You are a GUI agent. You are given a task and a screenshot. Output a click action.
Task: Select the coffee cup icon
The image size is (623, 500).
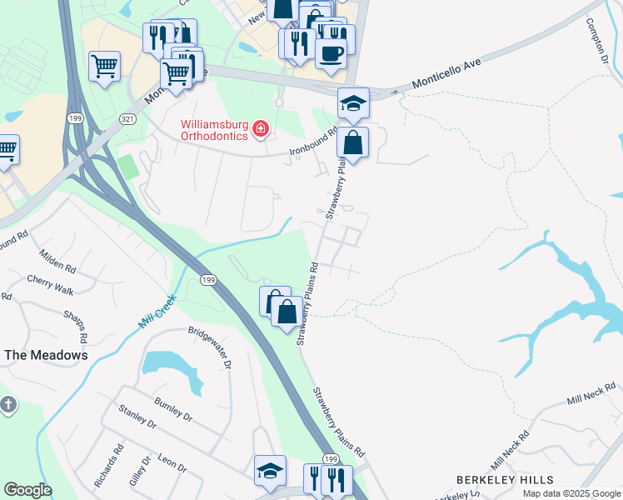tap(331, 53)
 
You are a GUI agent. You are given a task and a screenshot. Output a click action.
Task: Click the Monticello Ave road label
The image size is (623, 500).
tap(448, 75)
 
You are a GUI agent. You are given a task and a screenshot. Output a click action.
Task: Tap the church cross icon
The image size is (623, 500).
tap(7, 406)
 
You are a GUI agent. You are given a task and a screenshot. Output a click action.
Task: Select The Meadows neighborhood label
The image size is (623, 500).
tap(47, 355)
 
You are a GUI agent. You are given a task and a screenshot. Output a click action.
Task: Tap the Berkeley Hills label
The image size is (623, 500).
tap(505, 480)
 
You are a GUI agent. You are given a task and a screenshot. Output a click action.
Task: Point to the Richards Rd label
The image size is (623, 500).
tap(110, 467)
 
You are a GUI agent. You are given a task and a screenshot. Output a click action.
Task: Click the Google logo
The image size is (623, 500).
tap(28, 490)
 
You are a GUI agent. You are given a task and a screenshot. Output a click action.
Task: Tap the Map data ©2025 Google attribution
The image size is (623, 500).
tap(571, 493)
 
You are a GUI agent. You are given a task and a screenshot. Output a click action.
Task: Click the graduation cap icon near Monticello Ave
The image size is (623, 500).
tap(353, 103)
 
